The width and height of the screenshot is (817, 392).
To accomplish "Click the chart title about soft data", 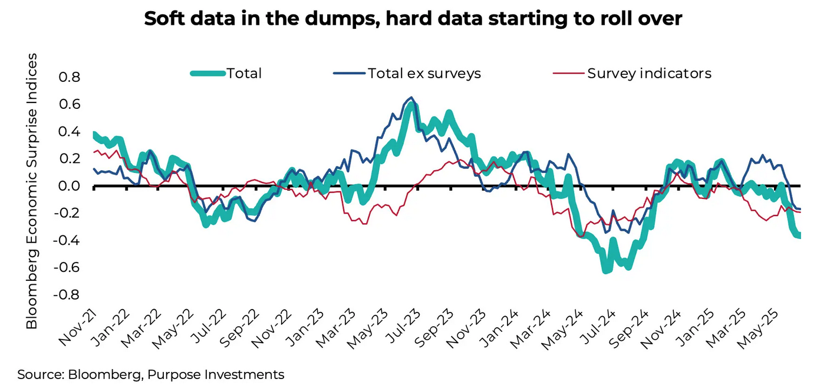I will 413,19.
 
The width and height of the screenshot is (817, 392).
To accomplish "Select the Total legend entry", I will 244,74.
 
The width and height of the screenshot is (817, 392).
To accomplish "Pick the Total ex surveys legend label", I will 424,74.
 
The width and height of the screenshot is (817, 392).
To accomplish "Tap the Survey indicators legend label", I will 649,74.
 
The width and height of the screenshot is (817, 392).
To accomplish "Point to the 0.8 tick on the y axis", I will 67,78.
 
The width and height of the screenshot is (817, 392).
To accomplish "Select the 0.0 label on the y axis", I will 67,187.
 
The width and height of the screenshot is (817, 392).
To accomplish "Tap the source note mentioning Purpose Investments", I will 151,375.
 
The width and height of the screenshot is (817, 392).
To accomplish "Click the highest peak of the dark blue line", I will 410,98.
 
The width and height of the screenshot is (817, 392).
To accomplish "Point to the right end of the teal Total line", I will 799,235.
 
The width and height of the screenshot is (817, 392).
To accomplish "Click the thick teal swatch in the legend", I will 207,74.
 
